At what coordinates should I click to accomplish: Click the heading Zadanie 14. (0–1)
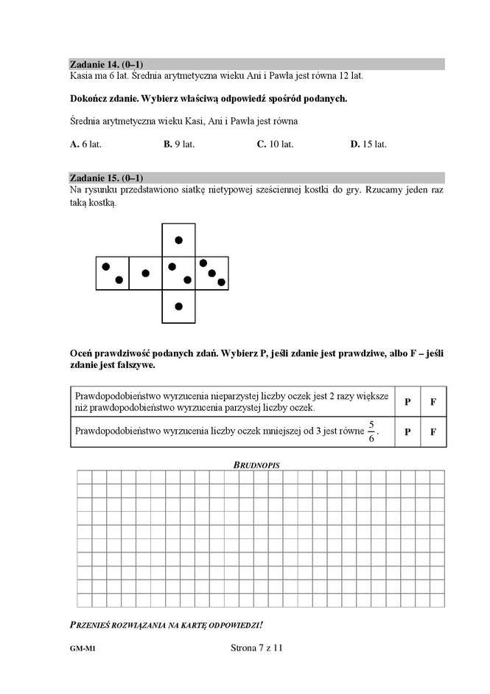[x=105, y=64]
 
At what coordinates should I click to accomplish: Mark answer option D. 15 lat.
[x=368, y=145]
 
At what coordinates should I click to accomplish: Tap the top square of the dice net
[x=178, y=240]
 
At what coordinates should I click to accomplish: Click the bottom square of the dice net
[x=178, y=306]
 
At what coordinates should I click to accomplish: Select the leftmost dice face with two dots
[x=112, y=273]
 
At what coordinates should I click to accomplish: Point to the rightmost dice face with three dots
[x=211, y=273]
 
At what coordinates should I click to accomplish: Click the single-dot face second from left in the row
[x=145, y=273]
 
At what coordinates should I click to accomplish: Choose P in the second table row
[x=407, y=431]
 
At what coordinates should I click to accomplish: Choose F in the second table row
[x=433, y=431]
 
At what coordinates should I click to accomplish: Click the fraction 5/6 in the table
[x=372, y=431]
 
